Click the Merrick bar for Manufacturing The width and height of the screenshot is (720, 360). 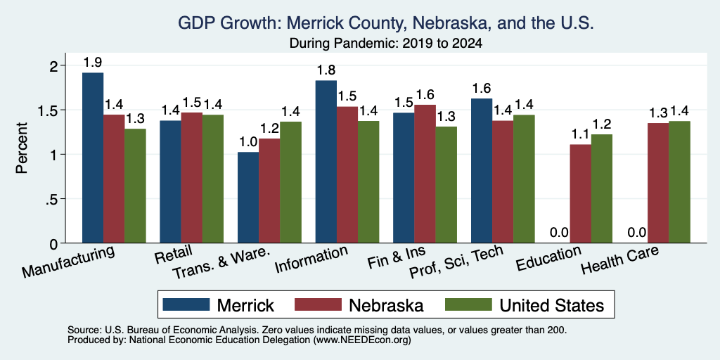tap(93, 157)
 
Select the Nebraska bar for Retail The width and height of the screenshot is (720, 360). tap(191, 178)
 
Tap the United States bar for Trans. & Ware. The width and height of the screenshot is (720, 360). tap(290, 182)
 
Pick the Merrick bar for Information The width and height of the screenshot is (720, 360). tap(326, 162)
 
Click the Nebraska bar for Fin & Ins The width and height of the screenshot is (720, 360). tap(425, 174)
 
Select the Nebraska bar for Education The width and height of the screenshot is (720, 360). tap(580, 194)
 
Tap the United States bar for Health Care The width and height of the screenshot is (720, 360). tap(680, 182)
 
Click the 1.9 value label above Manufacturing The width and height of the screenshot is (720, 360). tap(93, 63)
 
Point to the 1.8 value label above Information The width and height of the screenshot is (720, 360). tap(326, 70)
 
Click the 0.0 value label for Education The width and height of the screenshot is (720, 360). tap(559, 232)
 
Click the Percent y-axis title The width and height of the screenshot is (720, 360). tap(22, 148)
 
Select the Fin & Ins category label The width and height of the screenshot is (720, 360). tap(397, 257)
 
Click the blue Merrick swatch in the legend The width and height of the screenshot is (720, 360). tap(186, 304)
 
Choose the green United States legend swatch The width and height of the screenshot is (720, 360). tap(469, 304)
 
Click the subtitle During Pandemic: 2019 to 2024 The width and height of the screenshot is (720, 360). tap(386, 44)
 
